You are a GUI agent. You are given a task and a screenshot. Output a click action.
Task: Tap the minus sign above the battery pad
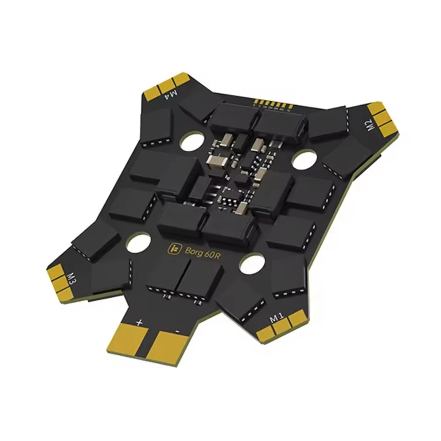177,331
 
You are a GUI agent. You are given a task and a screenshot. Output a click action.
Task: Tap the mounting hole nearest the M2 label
302,160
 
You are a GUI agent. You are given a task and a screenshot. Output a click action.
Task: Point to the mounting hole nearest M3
138,242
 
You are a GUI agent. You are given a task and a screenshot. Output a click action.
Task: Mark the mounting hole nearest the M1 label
251,263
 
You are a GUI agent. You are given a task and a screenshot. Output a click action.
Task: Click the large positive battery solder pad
129,339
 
